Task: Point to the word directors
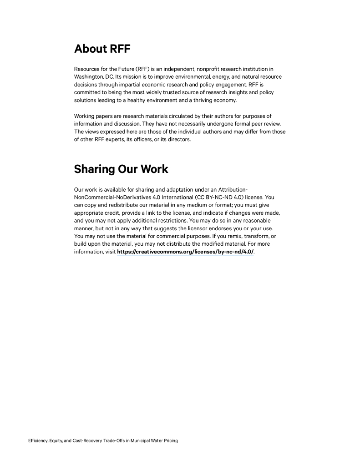[179, 139]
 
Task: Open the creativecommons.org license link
[185, 252]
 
